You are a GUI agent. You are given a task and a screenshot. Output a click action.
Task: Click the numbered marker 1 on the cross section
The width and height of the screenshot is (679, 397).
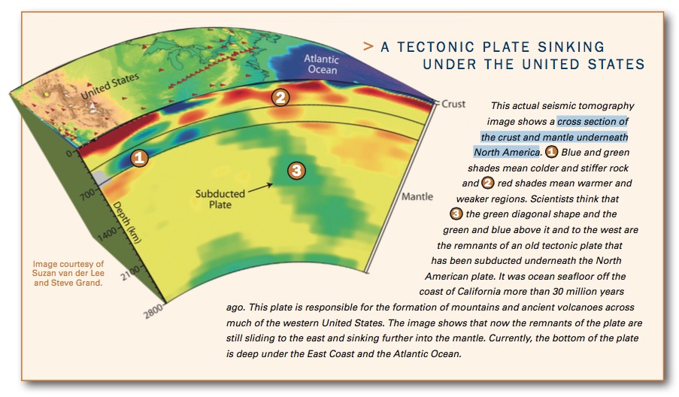pos(139,158)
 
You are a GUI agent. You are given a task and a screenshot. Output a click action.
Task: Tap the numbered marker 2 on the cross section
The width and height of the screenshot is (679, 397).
pos(280,97)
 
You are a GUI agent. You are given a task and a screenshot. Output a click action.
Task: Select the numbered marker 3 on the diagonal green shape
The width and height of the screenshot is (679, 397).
pos(297,171)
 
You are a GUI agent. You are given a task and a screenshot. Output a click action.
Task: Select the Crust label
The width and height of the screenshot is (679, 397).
pos(454,103)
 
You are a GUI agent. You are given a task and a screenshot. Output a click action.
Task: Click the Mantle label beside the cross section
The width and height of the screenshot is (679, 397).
pos(417,197)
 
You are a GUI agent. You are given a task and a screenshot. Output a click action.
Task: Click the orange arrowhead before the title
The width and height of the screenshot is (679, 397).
pos(368,47)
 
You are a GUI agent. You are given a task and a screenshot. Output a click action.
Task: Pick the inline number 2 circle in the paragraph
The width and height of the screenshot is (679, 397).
pos(488,183)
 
